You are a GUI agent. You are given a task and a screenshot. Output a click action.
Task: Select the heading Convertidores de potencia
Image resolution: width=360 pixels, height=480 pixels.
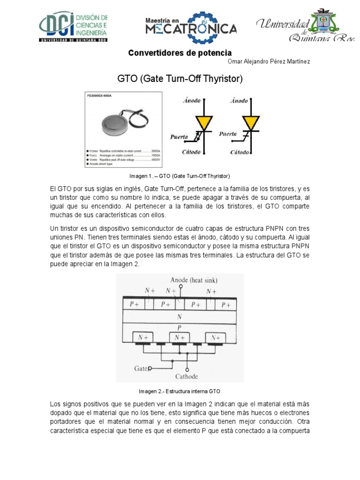pyautogui.click(x=180, y=53)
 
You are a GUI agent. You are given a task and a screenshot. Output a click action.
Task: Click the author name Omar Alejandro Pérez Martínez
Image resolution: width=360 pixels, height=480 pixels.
pyautogui.click(x=269, y=62)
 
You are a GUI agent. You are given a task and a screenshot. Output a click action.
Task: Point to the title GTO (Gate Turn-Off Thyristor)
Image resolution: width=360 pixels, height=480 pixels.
pyautogui.click(x=180, y=79)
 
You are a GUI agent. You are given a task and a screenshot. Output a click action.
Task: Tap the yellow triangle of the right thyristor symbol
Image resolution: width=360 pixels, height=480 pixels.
pyautogui.click(x=251, y=123)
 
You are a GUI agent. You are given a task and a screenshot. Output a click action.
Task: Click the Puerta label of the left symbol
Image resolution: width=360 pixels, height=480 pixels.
pyautogui.click(x=179, y=137)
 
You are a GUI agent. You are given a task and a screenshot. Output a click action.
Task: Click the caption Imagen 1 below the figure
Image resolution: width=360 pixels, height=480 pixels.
pyautogui.click(x=180, y=176)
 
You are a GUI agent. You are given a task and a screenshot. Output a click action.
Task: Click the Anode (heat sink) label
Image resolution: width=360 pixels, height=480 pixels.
pyautogui.click(x=194, y=280)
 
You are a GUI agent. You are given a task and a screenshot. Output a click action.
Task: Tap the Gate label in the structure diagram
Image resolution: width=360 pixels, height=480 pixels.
pyautogui.click(x=141, y=368)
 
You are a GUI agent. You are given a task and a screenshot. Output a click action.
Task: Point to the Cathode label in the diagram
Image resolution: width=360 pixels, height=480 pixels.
pyautogui.click(x=187, y=376)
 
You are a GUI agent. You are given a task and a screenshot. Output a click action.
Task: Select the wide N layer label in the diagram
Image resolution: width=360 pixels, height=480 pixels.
pyautogui.click(x=180, y=316)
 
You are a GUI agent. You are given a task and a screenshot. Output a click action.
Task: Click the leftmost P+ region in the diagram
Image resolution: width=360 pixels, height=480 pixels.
pyautogui.click(x=134, y=304)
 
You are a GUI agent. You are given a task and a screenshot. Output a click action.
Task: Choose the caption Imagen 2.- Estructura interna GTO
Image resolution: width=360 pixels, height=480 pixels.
pyautogui.click(x=180, y=391)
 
